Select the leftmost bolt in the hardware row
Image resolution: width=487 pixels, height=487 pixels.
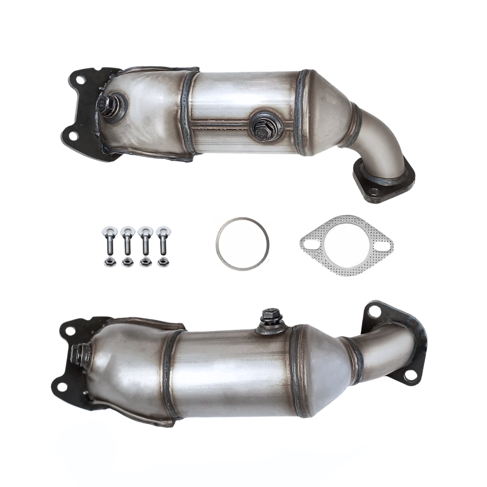106,244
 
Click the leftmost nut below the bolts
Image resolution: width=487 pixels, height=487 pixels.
106,262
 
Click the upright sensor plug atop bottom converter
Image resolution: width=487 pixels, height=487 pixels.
268,319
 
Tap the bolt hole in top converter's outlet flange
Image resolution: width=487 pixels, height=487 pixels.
372,193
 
